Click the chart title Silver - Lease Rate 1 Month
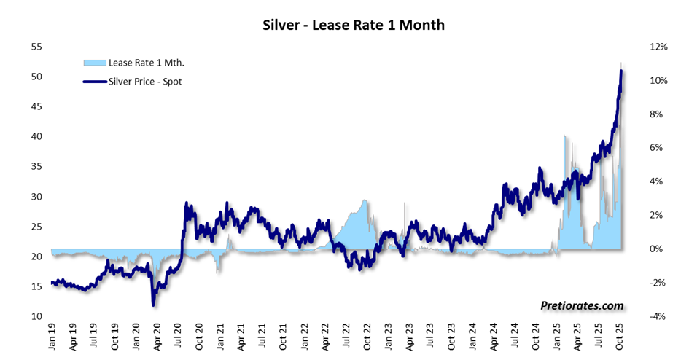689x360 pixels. coord(354,26)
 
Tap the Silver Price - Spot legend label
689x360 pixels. coord(145,82)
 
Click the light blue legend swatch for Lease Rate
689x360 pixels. coord(95,63)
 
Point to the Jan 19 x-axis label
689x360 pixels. coord(52,337)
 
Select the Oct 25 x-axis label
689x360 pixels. coord(620,337)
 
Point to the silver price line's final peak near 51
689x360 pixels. coord(620,71)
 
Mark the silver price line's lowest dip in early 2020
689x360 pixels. coord(154,303)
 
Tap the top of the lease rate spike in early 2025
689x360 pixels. coord(564,136)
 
